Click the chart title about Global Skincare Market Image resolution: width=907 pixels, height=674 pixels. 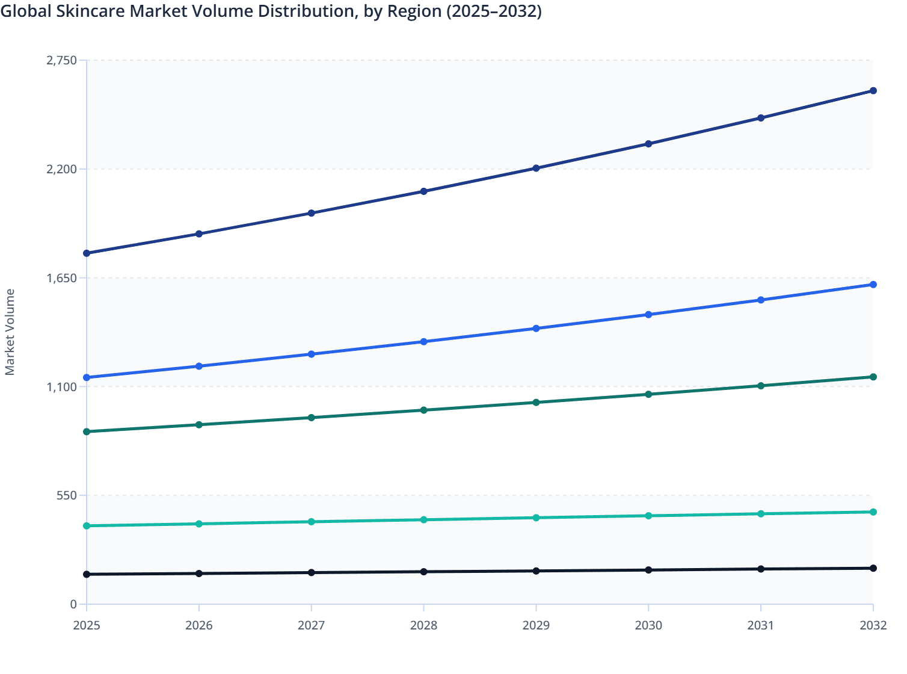271,11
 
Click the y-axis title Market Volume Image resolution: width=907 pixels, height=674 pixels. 10,332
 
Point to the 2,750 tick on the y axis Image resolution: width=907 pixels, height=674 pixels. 62,60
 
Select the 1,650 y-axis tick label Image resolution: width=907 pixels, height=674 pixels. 62,278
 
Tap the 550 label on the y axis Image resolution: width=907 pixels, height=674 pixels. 67,496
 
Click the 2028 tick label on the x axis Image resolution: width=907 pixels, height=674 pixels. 423,625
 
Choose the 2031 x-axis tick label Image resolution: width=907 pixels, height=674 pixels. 761,625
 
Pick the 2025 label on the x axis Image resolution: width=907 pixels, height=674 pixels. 87,625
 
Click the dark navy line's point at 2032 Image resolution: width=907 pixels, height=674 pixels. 873,91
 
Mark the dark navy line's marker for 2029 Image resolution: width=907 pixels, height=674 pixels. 536,168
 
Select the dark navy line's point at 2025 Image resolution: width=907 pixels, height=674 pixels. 87,253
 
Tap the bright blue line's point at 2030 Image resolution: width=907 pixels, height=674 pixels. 648,315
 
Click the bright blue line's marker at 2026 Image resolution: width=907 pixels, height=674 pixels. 199,366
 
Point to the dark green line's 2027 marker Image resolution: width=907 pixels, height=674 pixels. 312,418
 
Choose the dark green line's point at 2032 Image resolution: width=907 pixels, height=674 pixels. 873,377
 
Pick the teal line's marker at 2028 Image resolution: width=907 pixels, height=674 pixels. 423,520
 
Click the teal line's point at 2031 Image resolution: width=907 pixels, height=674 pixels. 761,514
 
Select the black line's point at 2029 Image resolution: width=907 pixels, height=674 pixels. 536,571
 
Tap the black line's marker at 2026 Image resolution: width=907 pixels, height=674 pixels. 199,574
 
